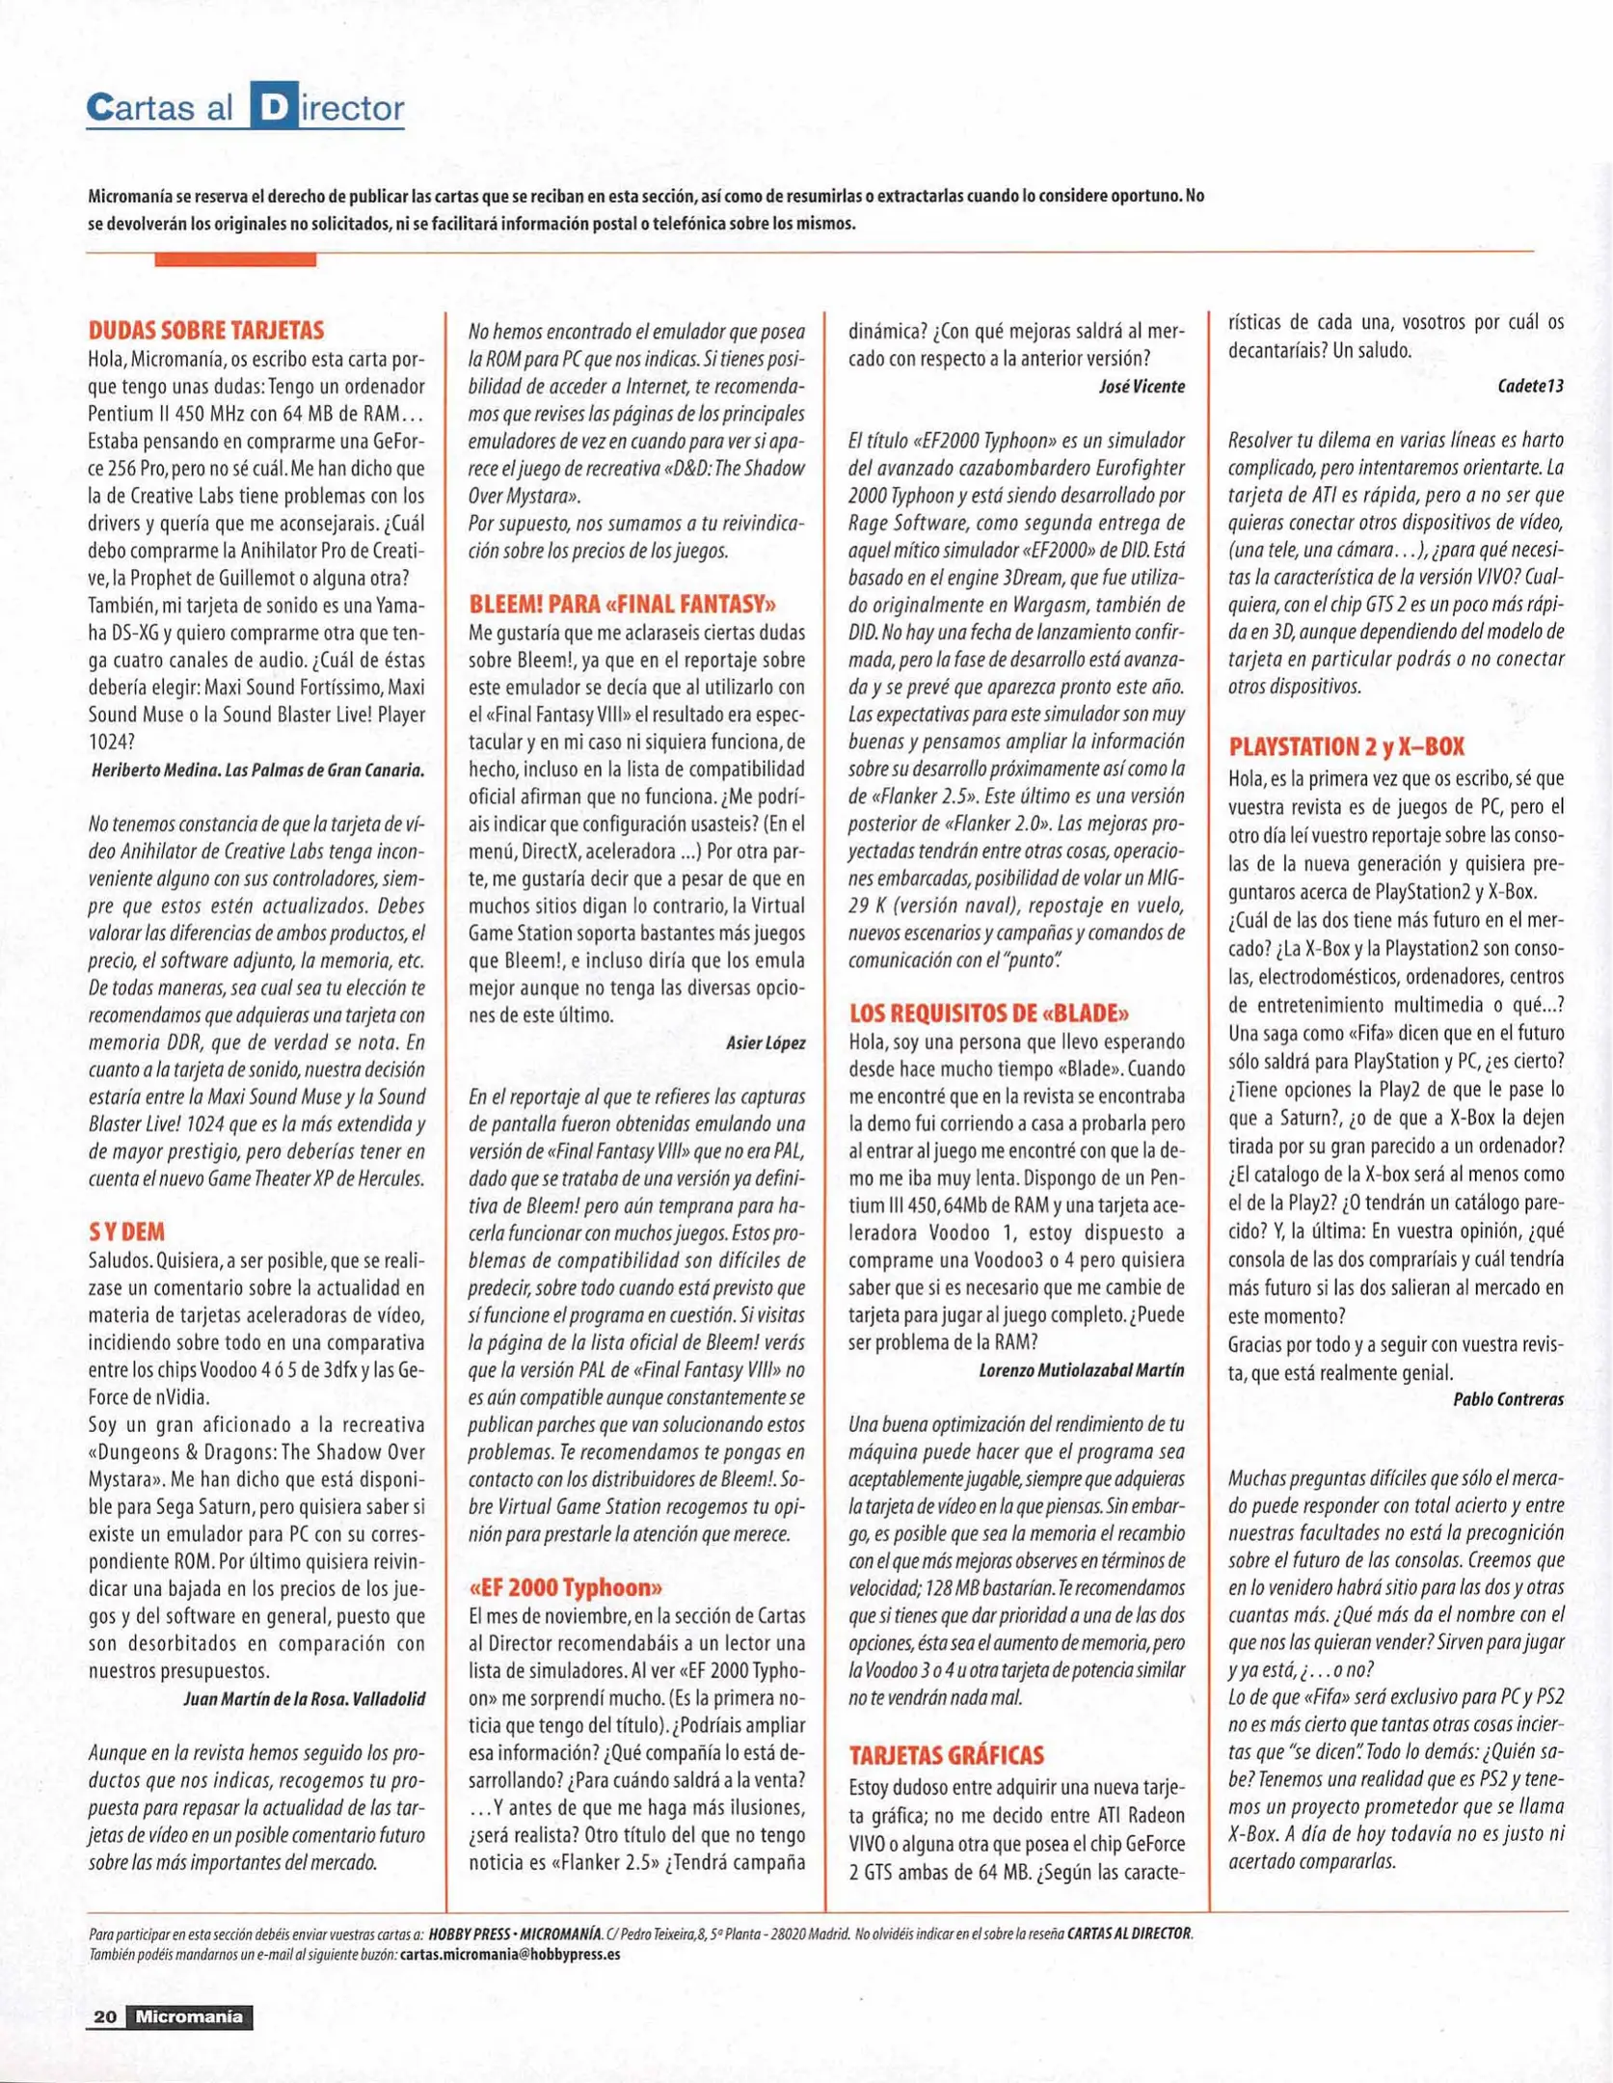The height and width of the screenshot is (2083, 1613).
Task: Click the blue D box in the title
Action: (x=273, y=106)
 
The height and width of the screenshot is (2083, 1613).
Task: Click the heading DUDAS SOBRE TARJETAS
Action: (x=206, y=331)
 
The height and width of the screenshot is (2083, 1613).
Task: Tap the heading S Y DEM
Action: (x=126, y=1231)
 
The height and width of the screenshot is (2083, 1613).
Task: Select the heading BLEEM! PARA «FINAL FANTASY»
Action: (x=623, y=605)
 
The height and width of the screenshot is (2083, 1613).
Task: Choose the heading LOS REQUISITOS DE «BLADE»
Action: (x=988, y=1013)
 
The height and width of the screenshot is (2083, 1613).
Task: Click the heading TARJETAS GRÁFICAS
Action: (x=946, y=1755)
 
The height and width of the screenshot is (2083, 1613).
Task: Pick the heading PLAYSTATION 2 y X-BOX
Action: (x=1346, y=746)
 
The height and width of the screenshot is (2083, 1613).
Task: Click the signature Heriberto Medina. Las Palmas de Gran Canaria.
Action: (x=257, y=771)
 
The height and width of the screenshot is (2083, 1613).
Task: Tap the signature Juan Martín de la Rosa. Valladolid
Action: (x=304, y=1699)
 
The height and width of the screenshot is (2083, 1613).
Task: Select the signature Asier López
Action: (x=766, y=1042)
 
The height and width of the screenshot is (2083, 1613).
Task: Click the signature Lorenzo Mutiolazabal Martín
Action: (x=1081, y=1370)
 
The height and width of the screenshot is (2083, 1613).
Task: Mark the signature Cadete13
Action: (x=1530, y=386)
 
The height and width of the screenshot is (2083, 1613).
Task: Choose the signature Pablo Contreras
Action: (x=1508, y=1399)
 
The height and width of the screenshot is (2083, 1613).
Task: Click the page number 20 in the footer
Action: (x=105, y=2016)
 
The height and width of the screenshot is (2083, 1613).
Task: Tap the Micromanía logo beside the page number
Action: (x=189, y=2016)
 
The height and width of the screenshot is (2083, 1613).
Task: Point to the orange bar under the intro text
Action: (x=235, y=259)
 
